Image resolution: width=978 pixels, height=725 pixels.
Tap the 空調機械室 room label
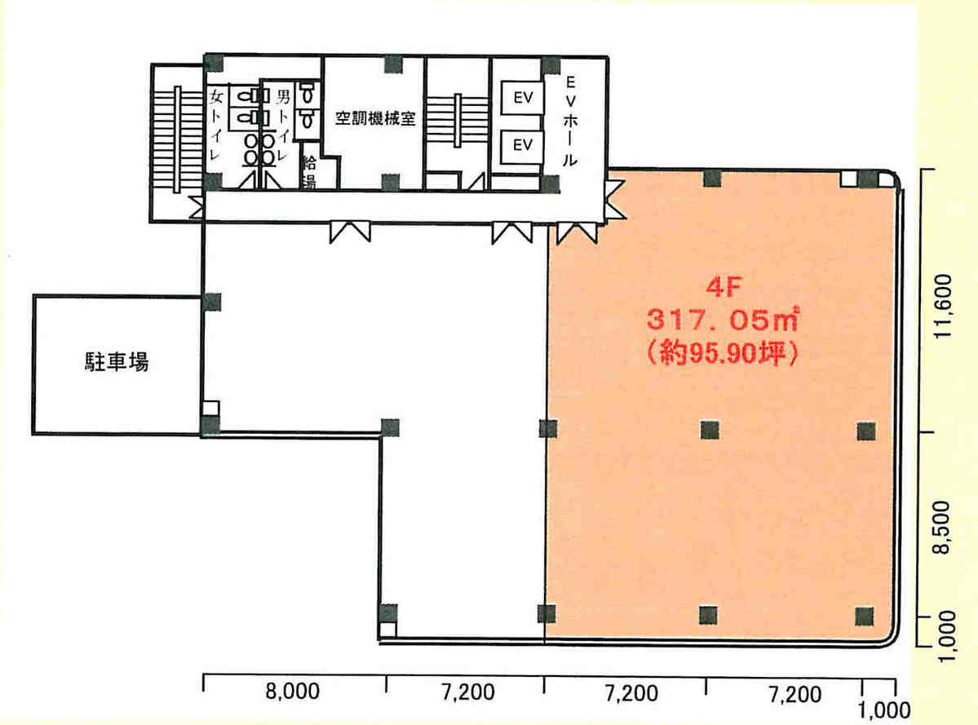(376, 119)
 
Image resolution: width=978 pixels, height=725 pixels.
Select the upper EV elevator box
(522, 99)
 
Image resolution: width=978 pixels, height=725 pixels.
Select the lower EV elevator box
(522, 145)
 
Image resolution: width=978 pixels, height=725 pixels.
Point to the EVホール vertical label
(571, 121)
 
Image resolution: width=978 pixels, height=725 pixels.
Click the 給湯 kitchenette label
(310, 171)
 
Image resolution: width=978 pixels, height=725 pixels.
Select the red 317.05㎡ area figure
(722, 320)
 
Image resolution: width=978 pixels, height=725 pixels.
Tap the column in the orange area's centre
(708, 429)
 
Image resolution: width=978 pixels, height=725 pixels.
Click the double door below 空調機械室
(350, 232)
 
